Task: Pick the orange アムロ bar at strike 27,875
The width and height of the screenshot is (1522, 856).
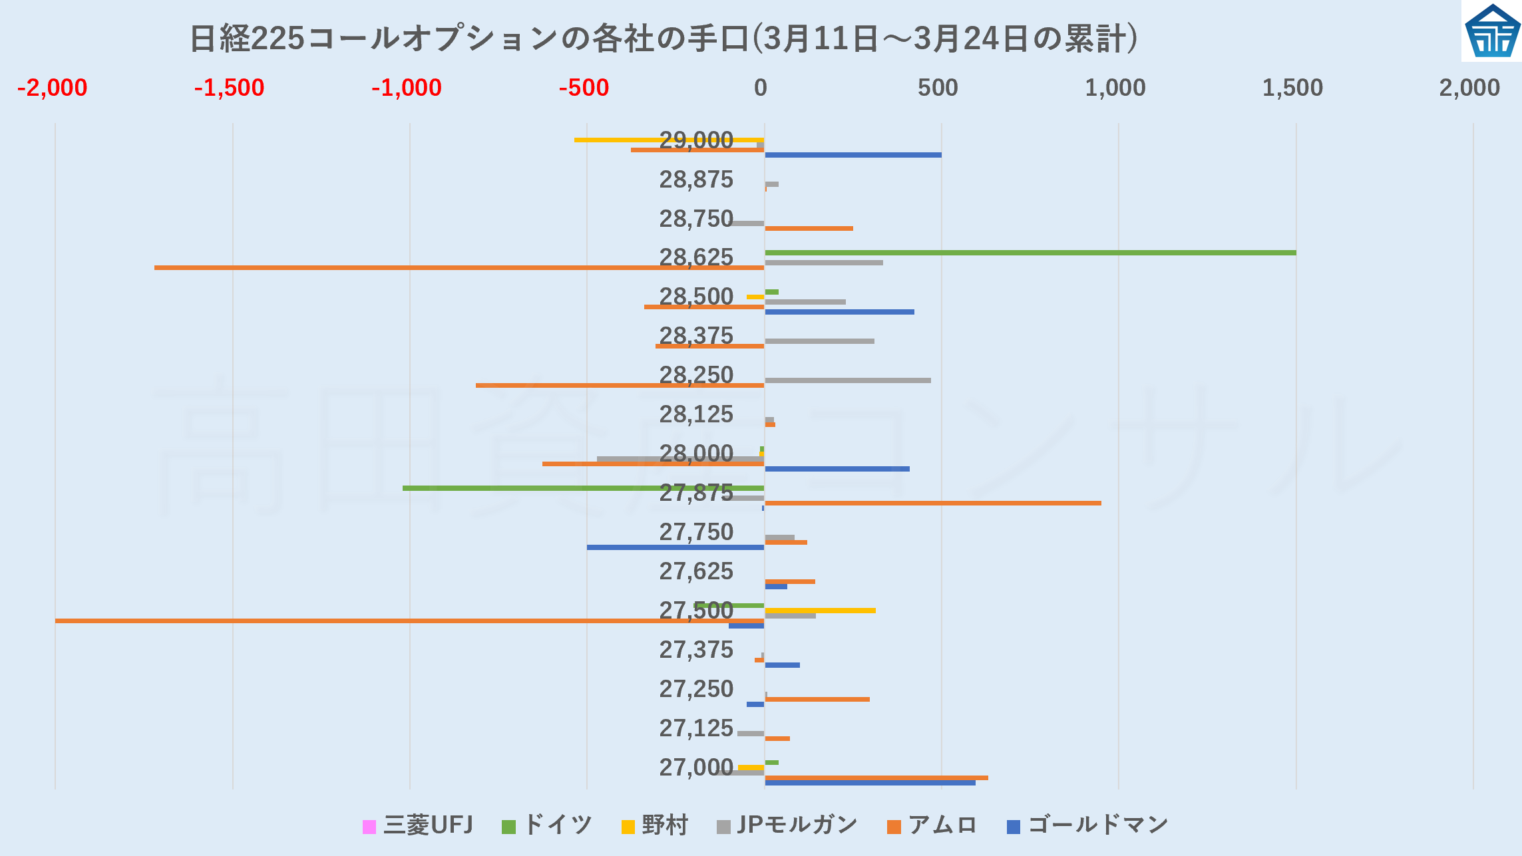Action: point(932,503)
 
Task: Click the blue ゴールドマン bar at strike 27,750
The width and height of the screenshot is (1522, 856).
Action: point(675,547)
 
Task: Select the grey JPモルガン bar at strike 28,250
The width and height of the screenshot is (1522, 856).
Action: point(848,380)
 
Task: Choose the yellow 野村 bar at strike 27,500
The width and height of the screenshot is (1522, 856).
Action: point(820,610)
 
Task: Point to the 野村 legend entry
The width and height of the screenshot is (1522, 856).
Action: point(655,825)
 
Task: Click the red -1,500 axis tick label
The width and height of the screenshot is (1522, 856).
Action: point(230,88)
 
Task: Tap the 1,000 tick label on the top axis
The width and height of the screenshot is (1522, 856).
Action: point(1115,88)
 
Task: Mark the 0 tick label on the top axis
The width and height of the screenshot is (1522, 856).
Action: point(761,88)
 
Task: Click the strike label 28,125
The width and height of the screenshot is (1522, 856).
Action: point(696,414)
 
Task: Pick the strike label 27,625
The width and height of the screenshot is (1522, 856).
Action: point(696,571)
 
